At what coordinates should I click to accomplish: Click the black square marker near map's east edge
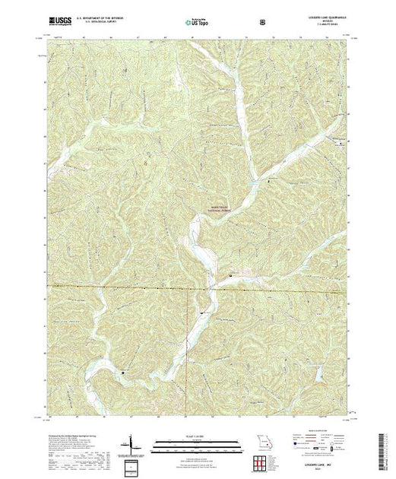click(x=340, y=142)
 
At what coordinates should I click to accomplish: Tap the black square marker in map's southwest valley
click(x=122, y=373)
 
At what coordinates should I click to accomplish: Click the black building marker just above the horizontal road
click(x=231, y=274)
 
